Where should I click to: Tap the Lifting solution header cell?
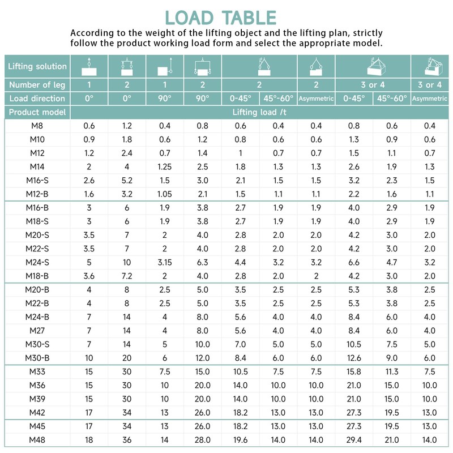click(x=37, y=66)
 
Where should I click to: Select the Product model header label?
click(x=37, y=112)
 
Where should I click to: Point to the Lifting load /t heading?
click(x=260, y=112)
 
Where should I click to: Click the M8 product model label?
click(x=37, y=126)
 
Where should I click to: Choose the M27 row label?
click(x=37, y=330)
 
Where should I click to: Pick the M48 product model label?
click(x=37, y=440)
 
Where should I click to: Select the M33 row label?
click(x=37, y=372)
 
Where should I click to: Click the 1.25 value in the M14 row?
click(x=164, y=166)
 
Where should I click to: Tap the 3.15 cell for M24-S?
click(x=164, y=262)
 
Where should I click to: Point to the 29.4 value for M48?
click(x=354, y=440)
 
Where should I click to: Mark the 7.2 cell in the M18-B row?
click(x=126, y=276)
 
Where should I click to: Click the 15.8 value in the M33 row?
click(x=354, y=372)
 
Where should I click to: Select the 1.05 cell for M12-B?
click(x=164, y=194)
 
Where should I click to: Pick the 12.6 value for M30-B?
click(x=354, y=357)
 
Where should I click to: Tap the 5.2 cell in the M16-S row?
click(x=126, y=180)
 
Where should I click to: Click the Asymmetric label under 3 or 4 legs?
click(x=430, y=98)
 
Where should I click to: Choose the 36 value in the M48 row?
click(x=126, y=440)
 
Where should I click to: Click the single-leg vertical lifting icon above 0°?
click(x=88, y=66)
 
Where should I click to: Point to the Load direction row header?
click(x=37, y=98)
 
